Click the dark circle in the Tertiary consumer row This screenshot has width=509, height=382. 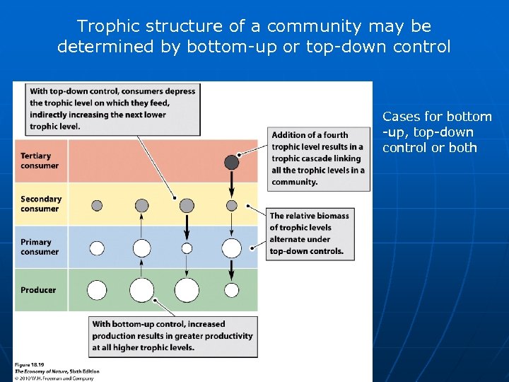231,162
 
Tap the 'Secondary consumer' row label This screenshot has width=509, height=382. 41,204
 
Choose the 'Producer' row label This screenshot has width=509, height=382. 38,290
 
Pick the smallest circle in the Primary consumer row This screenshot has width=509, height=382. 187,248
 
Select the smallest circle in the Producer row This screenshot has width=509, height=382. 231,290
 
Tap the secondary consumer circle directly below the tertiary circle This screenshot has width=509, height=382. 231,205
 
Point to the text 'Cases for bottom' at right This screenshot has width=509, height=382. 437,117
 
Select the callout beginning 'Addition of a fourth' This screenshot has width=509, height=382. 319,158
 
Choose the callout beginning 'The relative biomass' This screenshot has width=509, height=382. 309,233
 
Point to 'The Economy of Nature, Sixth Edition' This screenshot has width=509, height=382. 57,371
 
